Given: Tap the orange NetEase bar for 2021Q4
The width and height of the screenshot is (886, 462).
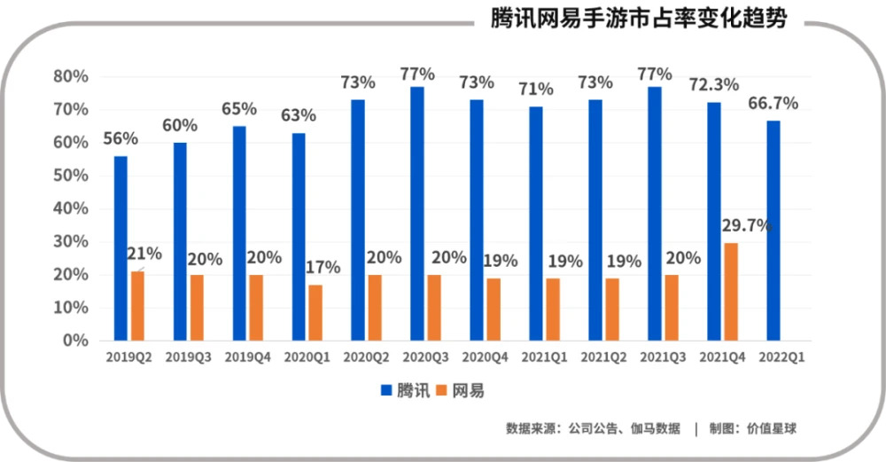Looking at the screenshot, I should coord(730,292).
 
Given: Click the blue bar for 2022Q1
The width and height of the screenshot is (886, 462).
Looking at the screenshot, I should coord(773,231).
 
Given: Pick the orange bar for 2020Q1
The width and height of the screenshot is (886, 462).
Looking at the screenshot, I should coord(315,312).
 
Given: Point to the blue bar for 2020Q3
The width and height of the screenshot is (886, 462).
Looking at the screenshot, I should coord(417,214).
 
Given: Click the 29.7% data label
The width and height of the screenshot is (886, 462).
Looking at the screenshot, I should coord(747,225).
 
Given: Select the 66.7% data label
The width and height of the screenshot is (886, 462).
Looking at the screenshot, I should coord(773,104).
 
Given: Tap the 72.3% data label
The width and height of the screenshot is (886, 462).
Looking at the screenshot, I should coord(714,85).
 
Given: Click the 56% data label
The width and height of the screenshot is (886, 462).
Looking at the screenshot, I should coord(120,139).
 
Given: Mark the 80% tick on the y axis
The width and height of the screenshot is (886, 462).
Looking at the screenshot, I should coord(70,76).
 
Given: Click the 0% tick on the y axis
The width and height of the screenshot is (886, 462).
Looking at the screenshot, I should coord(75,341).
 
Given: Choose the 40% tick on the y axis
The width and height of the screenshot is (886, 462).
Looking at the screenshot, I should coord(70,208).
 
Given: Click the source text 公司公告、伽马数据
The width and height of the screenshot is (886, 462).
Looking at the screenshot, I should coord(624,429).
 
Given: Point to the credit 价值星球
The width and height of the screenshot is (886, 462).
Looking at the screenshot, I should coord(773,429).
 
